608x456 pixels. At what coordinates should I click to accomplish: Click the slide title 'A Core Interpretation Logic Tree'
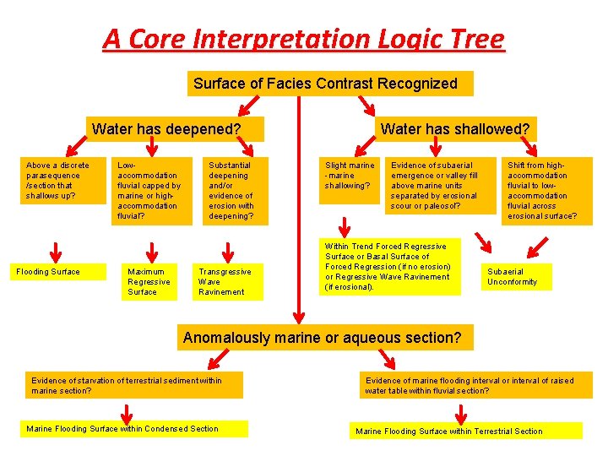pyautogui.click(x=303, y=39)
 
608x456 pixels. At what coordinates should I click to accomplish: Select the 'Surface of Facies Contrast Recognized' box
pyautogui.click(x=329, y=84)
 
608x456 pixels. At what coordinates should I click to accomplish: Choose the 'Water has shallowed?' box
pyautogui.click(x=455, y=129)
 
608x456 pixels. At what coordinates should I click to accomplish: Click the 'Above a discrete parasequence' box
pyautogui.click(x=56, y=181)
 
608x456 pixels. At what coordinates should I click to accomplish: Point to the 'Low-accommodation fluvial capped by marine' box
pyautogui.click(x=152, y=191)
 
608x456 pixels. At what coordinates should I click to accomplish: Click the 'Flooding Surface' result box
pyautogui.click(x=48, y=272)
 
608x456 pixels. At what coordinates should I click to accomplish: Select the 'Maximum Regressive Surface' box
pyautogui.click(x=149, y=282)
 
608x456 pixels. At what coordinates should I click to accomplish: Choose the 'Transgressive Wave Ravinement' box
pyautogui.click(x=229, y=282)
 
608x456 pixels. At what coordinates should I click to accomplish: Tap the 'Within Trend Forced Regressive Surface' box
pyautogui.click(x=391, y=266)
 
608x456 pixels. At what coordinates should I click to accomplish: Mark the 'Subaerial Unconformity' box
pyautogui.click(x=517, y=277)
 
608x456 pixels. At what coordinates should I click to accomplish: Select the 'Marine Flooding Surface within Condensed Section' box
pyautogui.click(x=135, y=429)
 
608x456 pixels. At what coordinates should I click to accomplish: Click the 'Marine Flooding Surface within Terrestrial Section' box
pyautogui.click(x=466, y=431)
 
